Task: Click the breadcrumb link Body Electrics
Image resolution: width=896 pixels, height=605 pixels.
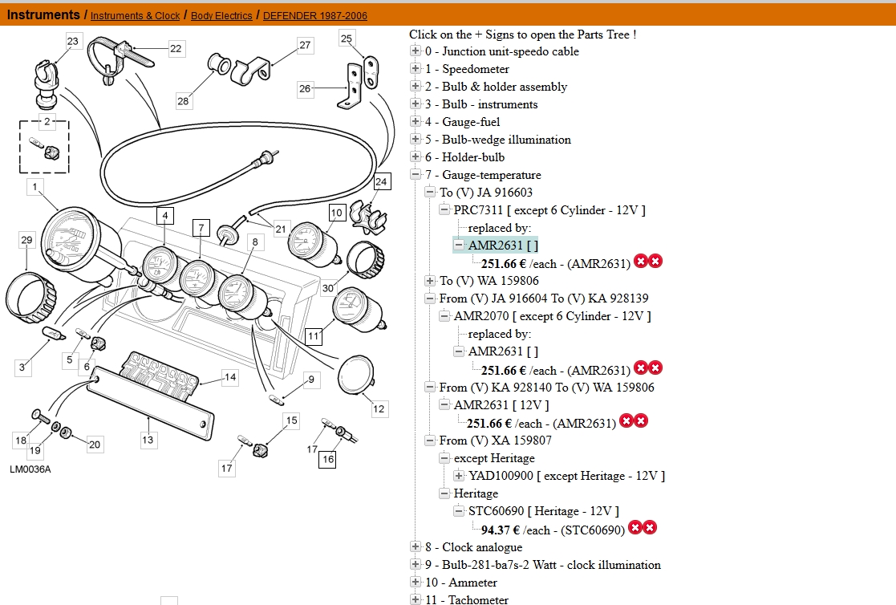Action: pyautogui.click(x=221, y=16)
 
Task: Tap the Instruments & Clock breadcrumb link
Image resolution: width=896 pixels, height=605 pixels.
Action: pyautogui.click(x=135, y=16)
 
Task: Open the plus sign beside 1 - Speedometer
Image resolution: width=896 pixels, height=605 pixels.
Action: pyautogui.click(x=416, y=69)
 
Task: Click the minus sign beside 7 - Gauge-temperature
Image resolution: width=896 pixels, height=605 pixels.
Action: pyautogui.click(x=416, y=175)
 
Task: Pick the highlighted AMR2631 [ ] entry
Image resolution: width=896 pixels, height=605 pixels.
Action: pyautogui.click(x=503, y=246)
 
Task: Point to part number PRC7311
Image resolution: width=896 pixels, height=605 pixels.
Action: pyautogui.click(x=478, y=210)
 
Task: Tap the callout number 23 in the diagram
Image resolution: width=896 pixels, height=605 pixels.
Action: pyautogui.click(x=73, y=41)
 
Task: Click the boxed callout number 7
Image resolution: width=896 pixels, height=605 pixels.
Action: pyautogui.click(x=201, y=227)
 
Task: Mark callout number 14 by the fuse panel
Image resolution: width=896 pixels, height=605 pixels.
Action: pyautogui.click(x=230, y=377)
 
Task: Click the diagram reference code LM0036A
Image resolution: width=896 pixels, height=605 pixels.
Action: pyautogui.click(x=30, y=469)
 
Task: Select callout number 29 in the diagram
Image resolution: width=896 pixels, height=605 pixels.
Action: pyautogui.click(x=26, y=240)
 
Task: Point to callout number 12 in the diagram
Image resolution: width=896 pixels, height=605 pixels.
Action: pyautogui.click(x=379, y=409)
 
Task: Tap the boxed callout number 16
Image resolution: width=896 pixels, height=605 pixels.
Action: pyautogui.click(x=327, y=459)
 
